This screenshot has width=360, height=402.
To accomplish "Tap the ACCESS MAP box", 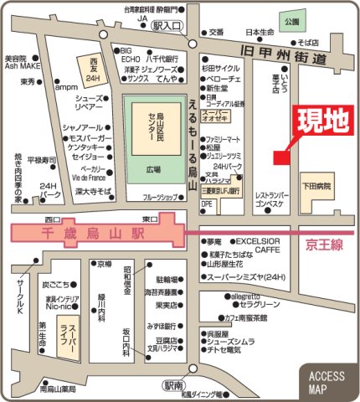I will click(327, 382).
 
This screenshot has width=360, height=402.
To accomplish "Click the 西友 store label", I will click(93, 65).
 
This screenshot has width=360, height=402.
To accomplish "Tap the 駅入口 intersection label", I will click(167, 26).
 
